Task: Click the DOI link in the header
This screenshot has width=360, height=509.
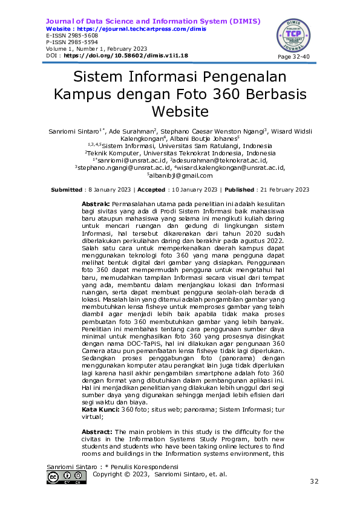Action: click(126, 56)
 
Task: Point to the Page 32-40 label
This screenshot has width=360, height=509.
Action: click(294, 56)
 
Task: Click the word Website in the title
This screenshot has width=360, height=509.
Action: click(180, 112)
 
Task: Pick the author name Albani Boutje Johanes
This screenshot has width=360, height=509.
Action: click(208, 138)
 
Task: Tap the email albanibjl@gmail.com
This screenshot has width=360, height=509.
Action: click(180, 175)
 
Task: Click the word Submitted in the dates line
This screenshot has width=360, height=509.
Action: click(67, 190)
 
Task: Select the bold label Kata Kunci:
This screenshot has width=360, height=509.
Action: click(101, 410)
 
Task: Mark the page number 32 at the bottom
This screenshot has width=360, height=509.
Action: click(314, 481)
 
